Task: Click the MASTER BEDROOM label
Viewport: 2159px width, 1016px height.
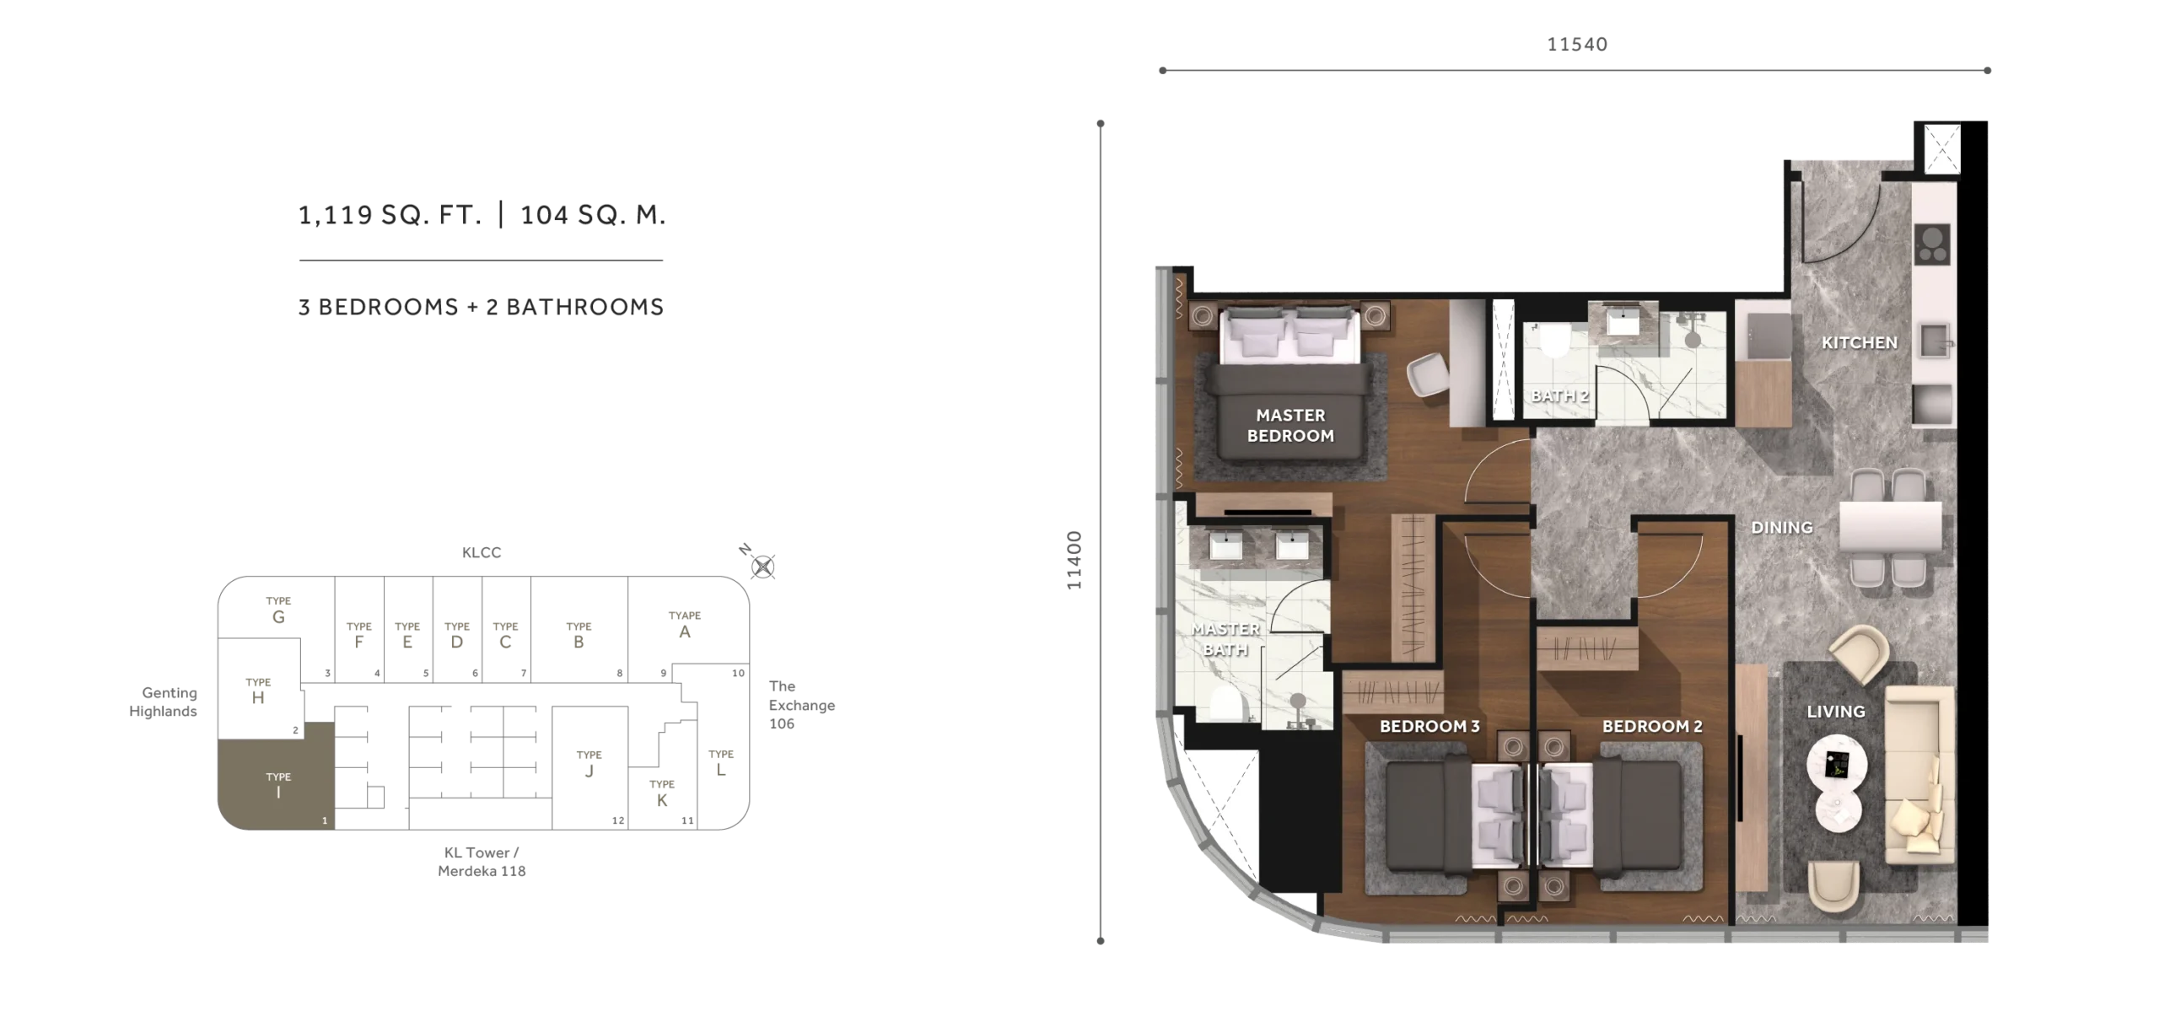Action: [1290, 425]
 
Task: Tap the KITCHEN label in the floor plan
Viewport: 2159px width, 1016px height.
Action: [1859, 342]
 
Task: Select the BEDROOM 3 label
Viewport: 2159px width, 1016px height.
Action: [1429, 726]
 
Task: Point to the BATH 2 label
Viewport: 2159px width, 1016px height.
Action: [1559, 395]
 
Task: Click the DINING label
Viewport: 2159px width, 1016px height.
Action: [1781, 527]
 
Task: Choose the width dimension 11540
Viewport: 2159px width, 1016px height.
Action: [1577, 44]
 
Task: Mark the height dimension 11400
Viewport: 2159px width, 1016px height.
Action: [1074, 560]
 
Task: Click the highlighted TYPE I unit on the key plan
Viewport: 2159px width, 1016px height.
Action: [277, 776]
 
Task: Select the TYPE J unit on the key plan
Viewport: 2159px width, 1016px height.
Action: [590, 767]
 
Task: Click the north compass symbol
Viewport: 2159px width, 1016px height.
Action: [762, 567]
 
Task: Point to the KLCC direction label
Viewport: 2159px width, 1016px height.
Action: [482, 552]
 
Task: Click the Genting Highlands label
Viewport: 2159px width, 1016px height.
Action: [163, 702]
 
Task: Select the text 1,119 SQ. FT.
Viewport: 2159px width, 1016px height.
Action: [390, 215]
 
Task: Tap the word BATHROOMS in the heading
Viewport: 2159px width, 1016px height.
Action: [584, 307]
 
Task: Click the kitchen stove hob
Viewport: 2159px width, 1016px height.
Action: [1932, 245]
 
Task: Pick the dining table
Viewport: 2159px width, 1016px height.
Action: [1890, 527]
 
